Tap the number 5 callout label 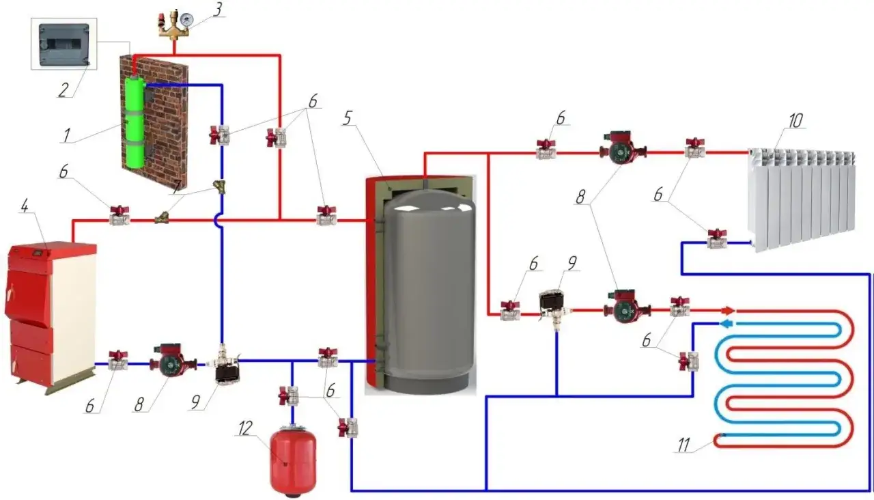tap(348, 118)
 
